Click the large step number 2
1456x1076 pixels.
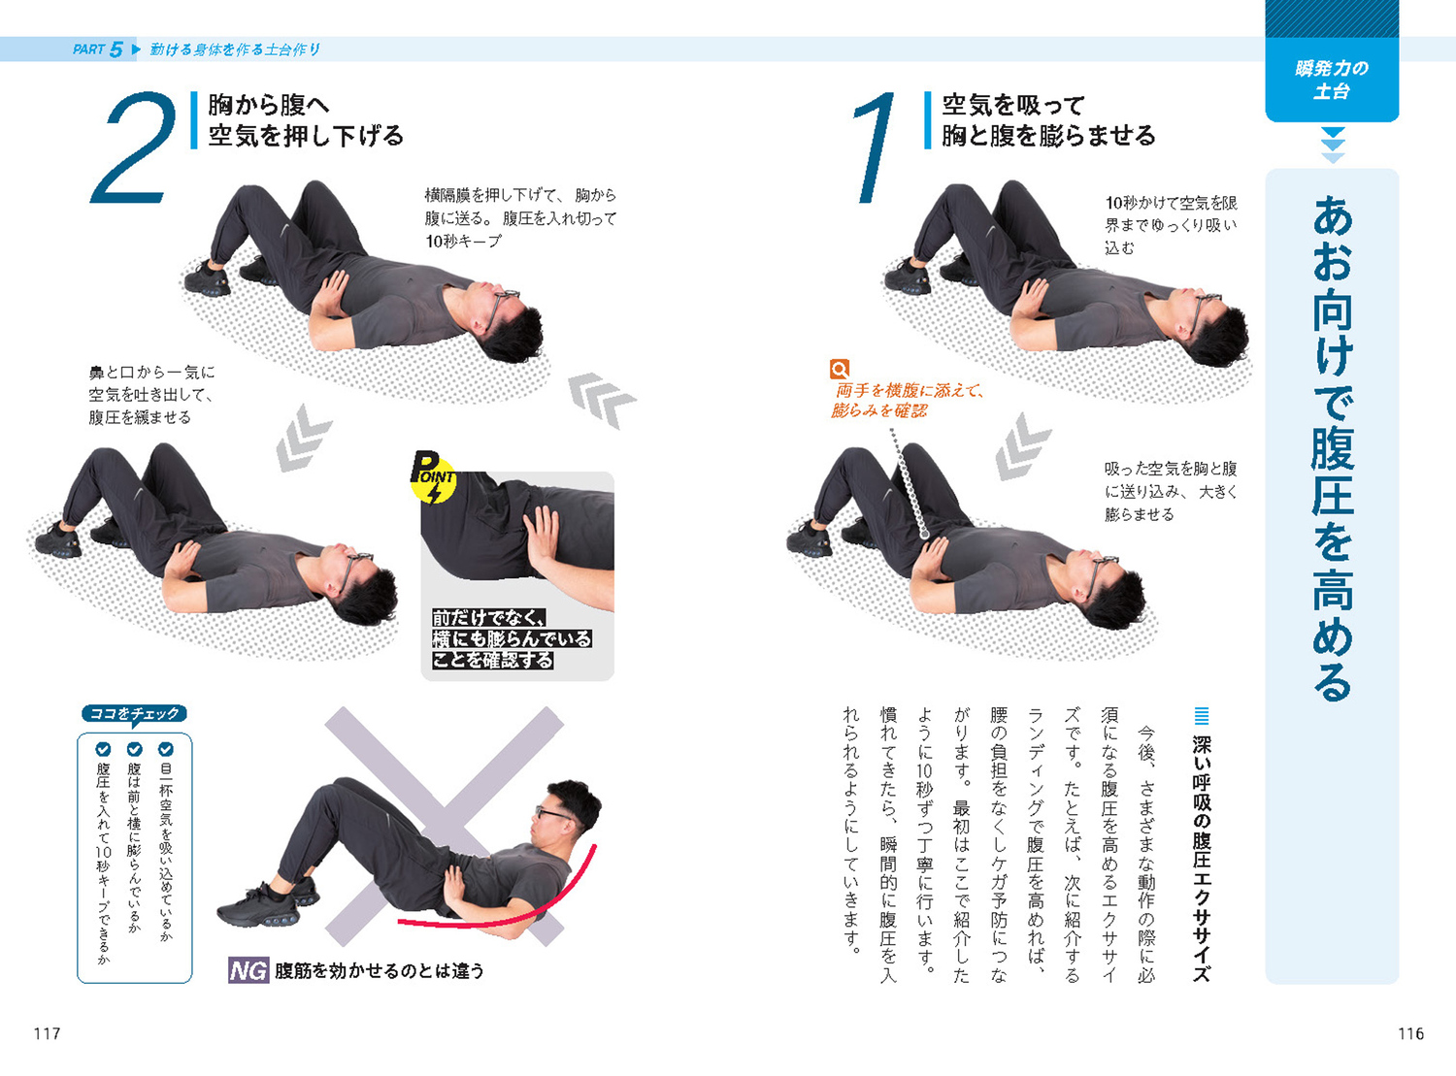pos(135,147)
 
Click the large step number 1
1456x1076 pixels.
pos(875,147)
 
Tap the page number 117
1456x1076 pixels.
pos(48,1034)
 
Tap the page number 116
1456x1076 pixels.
pos(1410,1034)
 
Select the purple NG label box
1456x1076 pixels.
pos(248,970)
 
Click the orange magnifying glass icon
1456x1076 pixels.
pos(839,369)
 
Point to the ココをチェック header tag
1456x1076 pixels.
pos(134,714)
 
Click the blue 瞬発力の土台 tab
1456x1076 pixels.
pos(1332,80)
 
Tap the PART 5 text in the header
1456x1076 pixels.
pos(98,49)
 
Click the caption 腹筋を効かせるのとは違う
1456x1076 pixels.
pos(380,971)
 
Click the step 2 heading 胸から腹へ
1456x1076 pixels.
pos(269,105)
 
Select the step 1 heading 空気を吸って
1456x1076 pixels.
pos(1013,105)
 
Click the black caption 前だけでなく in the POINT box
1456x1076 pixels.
pos(488,618)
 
